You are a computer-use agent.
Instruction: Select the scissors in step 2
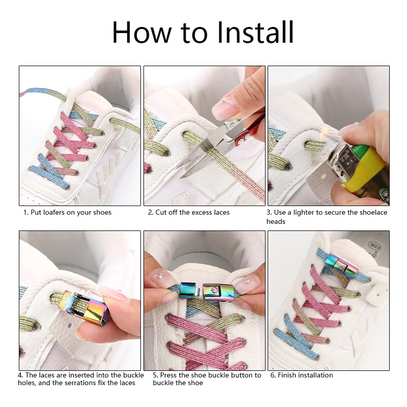pos(214,148)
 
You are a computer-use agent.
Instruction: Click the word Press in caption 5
pos(169,375)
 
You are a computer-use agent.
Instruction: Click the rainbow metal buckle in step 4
pos(86,308)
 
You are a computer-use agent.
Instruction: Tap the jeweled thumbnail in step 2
pos(224,107)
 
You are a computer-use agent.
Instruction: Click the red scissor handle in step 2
pos(249,133)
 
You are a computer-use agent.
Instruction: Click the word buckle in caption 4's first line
pos(125,375)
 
